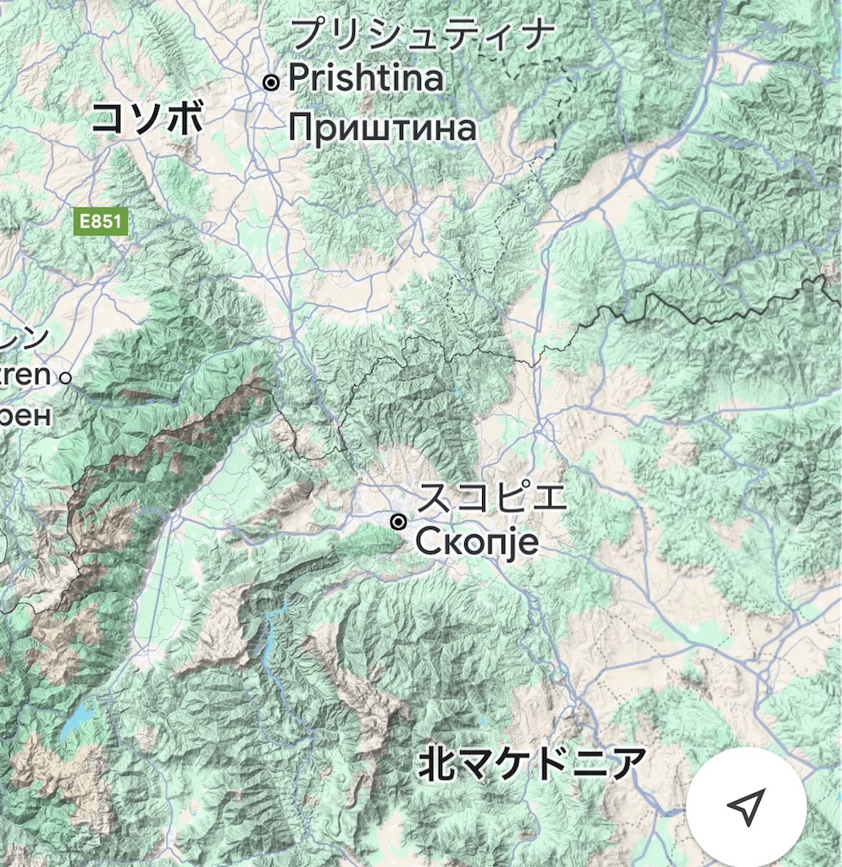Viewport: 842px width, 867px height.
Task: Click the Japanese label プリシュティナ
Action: click(422, 36)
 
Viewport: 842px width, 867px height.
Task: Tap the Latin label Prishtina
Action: click(366, 79)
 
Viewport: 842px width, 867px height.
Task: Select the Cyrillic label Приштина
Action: click(382, 129)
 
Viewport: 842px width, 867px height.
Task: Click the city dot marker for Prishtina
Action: click(271, 82)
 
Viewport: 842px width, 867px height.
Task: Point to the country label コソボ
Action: click(147, 118)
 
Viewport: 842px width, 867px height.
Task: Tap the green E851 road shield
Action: click(101, 223)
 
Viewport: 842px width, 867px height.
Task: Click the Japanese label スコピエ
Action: click(492, 497)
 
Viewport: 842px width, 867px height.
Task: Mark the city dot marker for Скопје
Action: click(399, 522)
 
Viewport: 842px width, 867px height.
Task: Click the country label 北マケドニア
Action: click(531, 764)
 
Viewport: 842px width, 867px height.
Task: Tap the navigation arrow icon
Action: click(745, 807)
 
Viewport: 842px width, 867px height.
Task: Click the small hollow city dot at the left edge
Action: click(65, 378)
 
